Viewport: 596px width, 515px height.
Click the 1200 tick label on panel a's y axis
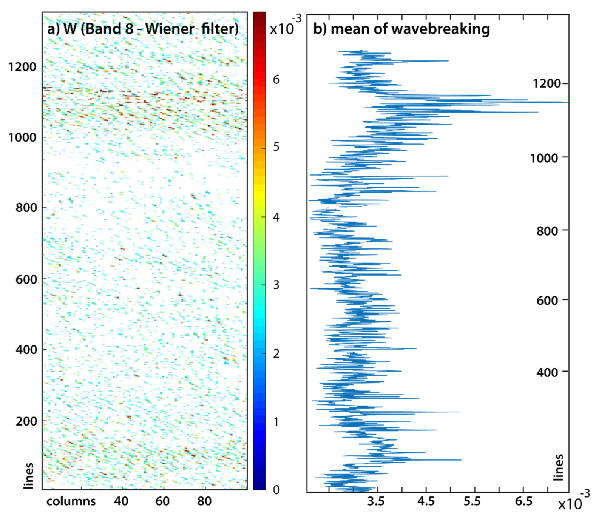[x=22, y=67]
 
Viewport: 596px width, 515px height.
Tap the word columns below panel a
[x=71, y=501]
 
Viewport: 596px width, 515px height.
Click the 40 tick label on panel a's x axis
[x=121, y=501]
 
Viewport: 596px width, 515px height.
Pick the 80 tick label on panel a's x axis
[x=204, y=501]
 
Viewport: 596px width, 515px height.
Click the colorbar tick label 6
[x=276, y=80]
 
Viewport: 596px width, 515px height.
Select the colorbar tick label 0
[x=276, y=490]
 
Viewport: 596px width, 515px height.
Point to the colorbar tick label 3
[x=276, y=285]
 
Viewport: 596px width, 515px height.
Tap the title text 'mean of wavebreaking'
[x=410, y=29]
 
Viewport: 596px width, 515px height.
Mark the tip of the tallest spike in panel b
[x=567, y=102]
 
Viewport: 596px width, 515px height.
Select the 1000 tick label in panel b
[x=544, y=158]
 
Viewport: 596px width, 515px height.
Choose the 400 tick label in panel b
[x=547, y=372]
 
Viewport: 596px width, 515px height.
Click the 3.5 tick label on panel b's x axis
[x=376, y=501]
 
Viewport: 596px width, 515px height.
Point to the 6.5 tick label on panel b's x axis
[x=523, y=501]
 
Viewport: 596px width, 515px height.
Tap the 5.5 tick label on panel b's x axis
[x=472, y=501]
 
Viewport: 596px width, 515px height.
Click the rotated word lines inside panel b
[x=558, y=467]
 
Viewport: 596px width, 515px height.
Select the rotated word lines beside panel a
[x=28, y=476]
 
